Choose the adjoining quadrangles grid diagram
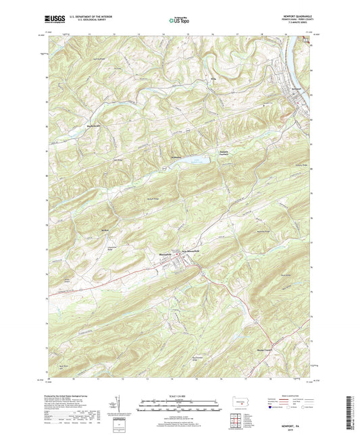pyautogui.click(x=236, y=419)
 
